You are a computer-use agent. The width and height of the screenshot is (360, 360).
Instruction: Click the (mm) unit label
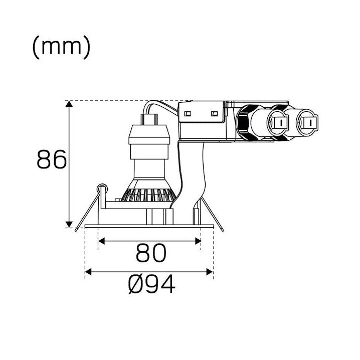[61, 48]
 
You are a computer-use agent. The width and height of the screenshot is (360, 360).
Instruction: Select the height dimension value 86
[52, 159]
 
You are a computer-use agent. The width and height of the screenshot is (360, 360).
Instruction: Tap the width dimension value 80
[150, 253]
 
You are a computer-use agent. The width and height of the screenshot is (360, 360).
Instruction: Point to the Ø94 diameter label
[152, 284]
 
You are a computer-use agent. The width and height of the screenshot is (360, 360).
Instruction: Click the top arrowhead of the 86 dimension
[69, 104]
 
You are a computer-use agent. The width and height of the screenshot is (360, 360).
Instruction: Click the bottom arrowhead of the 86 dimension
[69, 224]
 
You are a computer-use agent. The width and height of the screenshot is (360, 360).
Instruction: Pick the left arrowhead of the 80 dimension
[101, 241]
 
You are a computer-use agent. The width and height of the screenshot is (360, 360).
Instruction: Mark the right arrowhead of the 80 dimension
[198, 241]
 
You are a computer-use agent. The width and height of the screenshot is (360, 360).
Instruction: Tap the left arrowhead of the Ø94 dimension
[88, 272]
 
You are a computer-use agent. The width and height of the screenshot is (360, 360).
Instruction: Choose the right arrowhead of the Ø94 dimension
[210, 272]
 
